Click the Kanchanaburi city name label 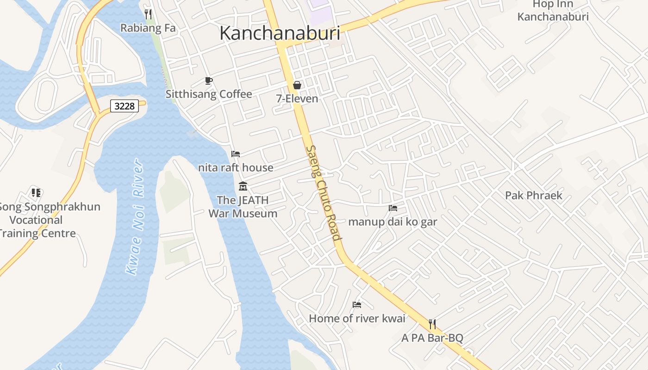pyautogui.click(x=280, y=33)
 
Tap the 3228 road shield pyautogui.click(x=125, y=106)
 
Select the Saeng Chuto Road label pyautogui.click(x=324, y=193)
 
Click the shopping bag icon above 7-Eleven pyautogui.click(x=297, y=85)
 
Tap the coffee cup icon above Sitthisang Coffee pyautogui.click(x=209, y=81)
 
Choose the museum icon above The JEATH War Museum pyautogui.click(x=243, y=186)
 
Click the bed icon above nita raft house pyautogui.click(x=236, y=154)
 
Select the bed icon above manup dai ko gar pyautogui.click(x=393, y=208)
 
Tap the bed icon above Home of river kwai pyautogui.click(x=357, y=305)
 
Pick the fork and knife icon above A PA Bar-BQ pyautogui.click(x=432, y=324)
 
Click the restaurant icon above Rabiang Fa pyautogui.click(x=148, y=14)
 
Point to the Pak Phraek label pyautogui.click(x=534, y=195)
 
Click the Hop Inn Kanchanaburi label pyautogui.click(x=553, y=11)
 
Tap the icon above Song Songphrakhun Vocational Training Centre pyautogui.click(x=36, y=192)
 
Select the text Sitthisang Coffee pyautogui.click(x=209, y=94)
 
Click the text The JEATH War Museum pyautogui.click(x=243, y=207)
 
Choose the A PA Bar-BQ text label pyautogui.click(x=432, y=338)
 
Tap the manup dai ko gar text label pyautogui.click(x=393, y=222)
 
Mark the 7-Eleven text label pyautogui.click(x=297, y=99)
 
